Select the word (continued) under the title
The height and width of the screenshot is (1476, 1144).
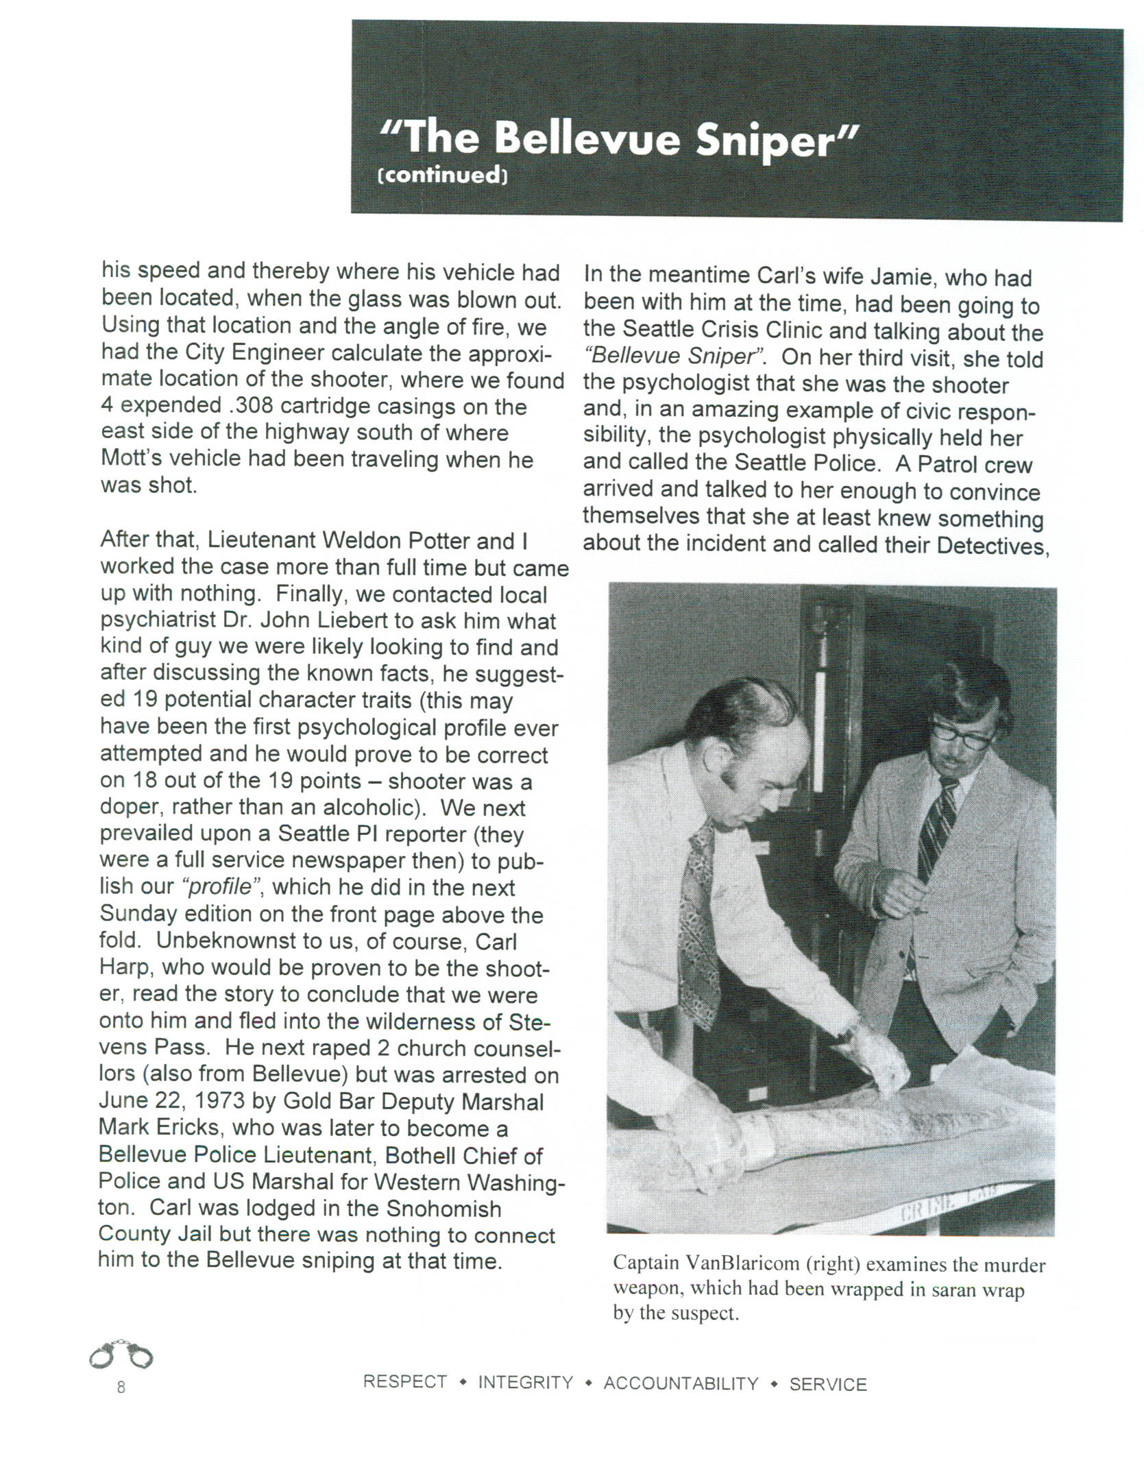coord(443,176)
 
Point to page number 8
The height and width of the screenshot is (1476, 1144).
coord(121,1388)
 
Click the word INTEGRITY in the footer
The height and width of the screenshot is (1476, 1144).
coord(525,1383)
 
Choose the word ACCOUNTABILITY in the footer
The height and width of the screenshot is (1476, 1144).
coord(681,1383)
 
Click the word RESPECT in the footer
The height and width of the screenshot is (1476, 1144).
coord(404,1382)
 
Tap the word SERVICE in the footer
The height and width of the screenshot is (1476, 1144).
coord(828,1384)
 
